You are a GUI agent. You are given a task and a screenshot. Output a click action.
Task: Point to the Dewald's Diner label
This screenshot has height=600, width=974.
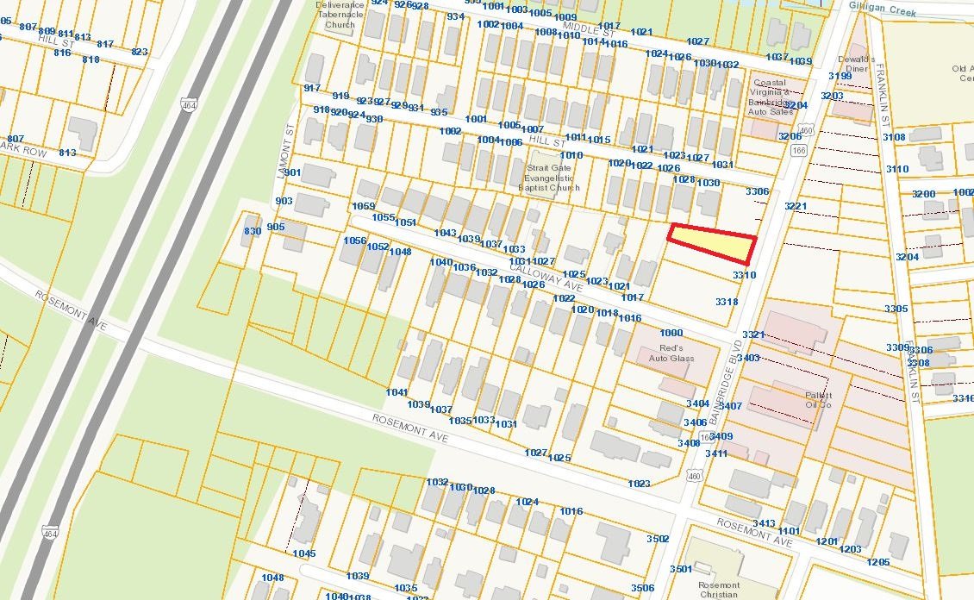point(856,65)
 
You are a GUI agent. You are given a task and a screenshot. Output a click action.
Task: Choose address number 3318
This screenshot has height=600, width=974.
point(727,302)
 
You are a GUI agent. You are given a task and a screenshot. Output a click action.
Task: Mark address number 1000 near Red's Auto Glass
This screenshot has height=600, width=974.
point(671,333)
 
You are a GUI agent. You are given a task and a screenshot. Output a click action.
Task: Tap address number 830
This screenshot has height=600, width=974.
point(253,232)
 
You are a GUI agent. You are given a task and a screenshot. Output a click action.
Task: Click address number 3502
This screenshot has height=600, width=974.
point(658,539)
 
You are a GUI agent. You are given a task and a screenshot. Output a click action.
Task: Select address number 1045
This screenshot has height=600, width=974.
point(304,553)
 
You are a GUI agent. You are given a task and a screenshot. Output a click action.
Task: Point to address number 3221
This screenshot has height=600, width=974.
point(796,206)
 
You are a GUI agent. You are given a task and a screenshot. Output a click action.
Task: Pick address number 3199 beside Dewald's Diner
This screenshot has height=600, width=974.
point(840,77)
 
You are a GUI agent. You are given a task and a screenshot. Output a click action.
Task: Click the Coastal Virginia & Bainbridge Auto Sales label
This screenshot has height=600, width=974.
point(770,97)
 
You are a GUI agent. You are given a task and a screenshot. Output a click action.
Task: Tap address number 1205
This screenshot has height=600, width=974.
point(878,562)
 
